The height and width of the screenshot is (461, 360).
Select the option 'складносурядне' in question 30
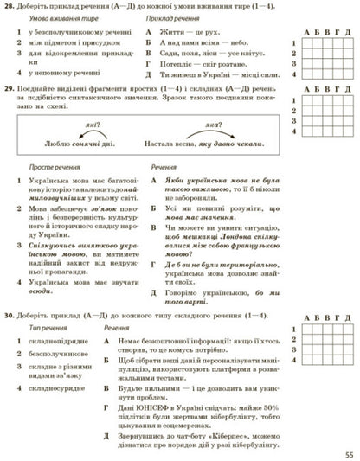point(53,387)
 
